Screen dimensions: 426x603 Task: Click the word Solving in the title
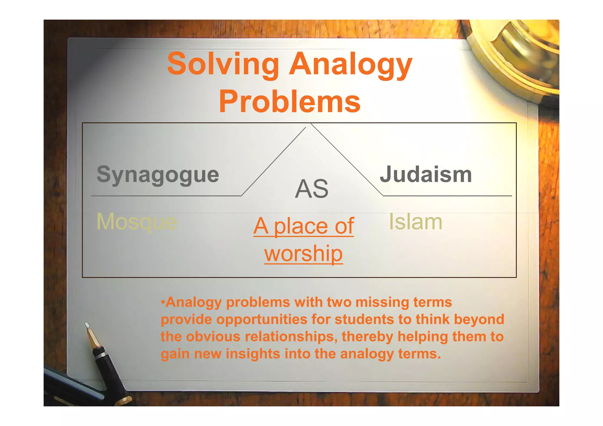tap(223, 64)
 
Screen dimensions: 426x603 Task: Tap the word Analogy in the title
tap(350, 64)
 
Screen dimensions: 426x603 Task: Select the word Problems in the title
tap(289, 102)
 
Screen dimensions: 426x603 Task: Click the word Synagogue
tap(158, 175)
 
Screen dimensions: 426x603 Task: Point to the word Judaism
tap(426, 174)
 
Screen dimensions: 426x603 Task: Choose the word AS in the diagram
tap(312, 189)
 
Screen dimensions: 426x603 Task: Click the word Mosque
tap(137, 222)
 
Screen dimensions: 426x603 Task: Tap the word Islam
tap(415, 222)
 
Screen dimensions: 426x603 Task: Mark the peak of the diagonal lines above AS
tap(308, 125)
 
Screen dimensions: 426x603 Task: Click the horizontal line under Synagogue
tap(166, 196)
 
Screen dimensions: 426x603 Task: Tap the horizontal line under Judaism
tap(447, 196)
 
